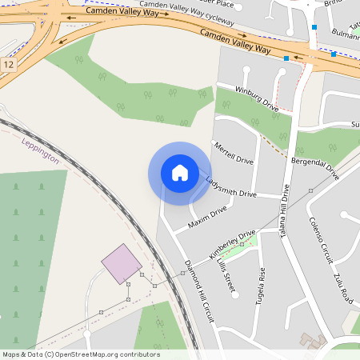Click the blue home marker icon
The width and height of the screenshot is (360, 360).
click(x=180, y=172)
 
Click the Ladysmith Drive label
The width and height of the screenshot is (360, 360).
click(x=230, y=186)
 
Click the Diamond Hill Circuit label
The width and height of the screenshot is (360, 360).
click(x=199, y=291)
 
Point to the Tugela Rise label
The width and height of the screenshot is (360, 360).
click(x=262, y=282)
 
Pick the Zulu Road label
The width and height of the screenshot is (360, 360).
click(x=344, y=286)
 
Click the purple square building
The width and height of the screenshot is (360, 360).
click(x=122, y=263)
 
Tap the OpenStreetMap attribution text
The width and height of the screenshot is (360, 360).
click(x=81, y=354)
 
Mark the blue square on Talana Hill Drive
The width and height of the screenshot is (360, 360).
click(x=314, y=27)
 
